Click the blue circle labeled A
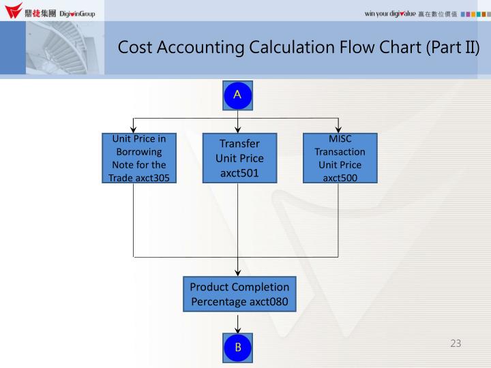[x=237, y=95]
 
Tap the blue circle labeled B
[x=237, y=348]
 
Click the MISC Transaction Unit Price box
[x=340, y=158]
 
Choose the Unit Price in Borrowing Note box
[x=138, y=158]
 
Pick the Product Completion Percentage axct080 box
[x=239, y=294]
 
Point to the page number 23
[x=456, y=343]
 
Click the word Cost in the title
[x=134, y=48]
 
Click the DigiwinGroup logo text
[x=77, y=14]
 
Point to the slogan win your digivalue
[x=391, y=14]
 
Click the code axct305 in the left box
[x=153, y=178]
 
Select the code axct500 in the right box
[x=340, y=178]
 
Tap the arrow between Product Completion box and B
[x=237, y=322]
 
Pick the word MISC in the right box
[x=340, y=138]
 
